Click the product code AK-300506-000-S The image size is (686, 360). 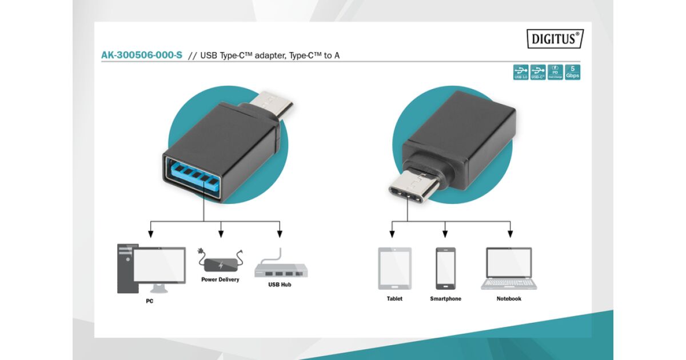142,55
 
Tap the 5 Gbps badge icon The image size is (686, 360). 572,72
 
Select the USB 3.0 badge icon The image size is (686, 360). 521,72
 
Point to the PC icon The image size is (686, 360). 151,268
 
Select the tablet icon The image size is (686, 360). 394,268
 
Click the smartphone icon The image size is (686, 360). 445,268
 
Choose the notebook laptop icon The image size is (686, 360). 509,268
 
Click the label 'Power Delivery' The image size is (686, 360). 220,279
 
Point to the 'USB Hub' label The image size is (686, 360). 280,284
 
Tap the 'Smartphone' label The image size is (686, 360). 445,299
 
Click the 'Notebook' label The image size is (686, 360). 509,299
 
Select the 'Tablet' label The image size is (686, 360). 394,299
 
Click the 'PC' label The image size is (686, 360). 149,301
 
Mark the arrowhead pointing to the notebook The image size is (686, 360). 510,234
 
